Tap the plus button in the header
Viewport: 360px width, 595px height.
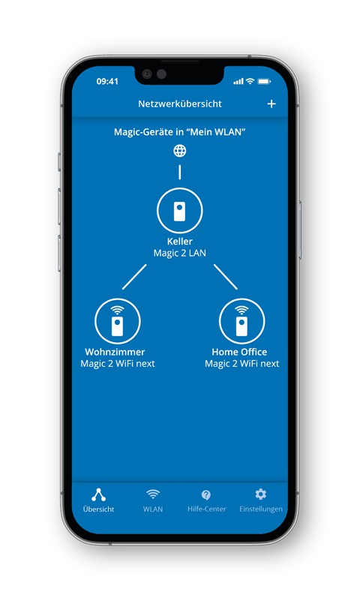coord(271,104)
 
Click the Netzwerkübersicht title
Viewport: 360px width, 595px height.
coord(180,104)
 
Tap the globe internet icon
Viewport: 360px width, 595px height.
coord(180,151)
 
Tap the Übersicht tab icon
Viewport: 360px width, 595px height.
coord(99,494)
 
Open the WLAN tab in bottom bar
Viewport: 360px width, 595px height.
coord(153,500)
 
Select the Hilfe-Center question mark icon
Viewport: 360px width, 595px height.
coord(206,494)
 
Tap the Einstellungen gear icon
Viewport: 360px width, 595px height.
coord(260,494)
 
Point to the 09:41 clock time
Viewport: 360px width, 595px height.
coord(107,81)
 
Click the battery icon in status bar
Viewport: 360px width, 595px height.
coord(265,81)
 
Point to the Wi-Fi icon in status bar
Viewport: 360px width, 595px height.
coord(250,81)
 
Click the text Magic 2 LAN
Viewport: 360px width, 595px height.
coord(180,253)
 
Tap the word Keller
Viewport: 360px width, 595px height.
coord(180,242)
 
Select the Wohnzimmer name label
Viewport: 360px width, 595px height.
coord(115,352)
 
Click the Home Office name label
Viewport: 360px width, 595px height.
coord(239,352)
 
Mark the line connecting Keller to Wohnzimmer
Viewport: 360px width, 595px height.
coord(134,277)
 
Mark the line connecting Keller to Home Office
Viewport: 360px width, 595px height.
coord(226,277)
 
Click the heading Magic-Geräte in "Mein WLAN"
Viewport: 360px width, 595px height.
coord(180,132)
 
